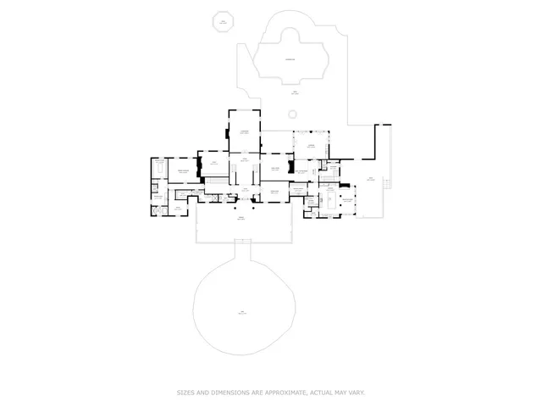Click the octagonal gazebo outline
(x=224, y=21)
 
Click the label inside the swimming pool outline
(x=290, y=59)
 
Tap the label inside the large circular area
(x=243, y=313)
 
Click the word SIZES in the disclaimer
(x=185, y=393)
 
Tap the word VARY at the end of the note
(x=357, y=393)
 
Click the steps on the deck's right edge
(x=386, y=181)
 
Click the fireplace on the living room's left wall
(x=227, y=132)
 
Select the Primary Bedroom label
(x=183, y=172)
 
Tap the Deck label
(x=370, y=178)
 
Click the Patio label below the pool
(x=294, y=93)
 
